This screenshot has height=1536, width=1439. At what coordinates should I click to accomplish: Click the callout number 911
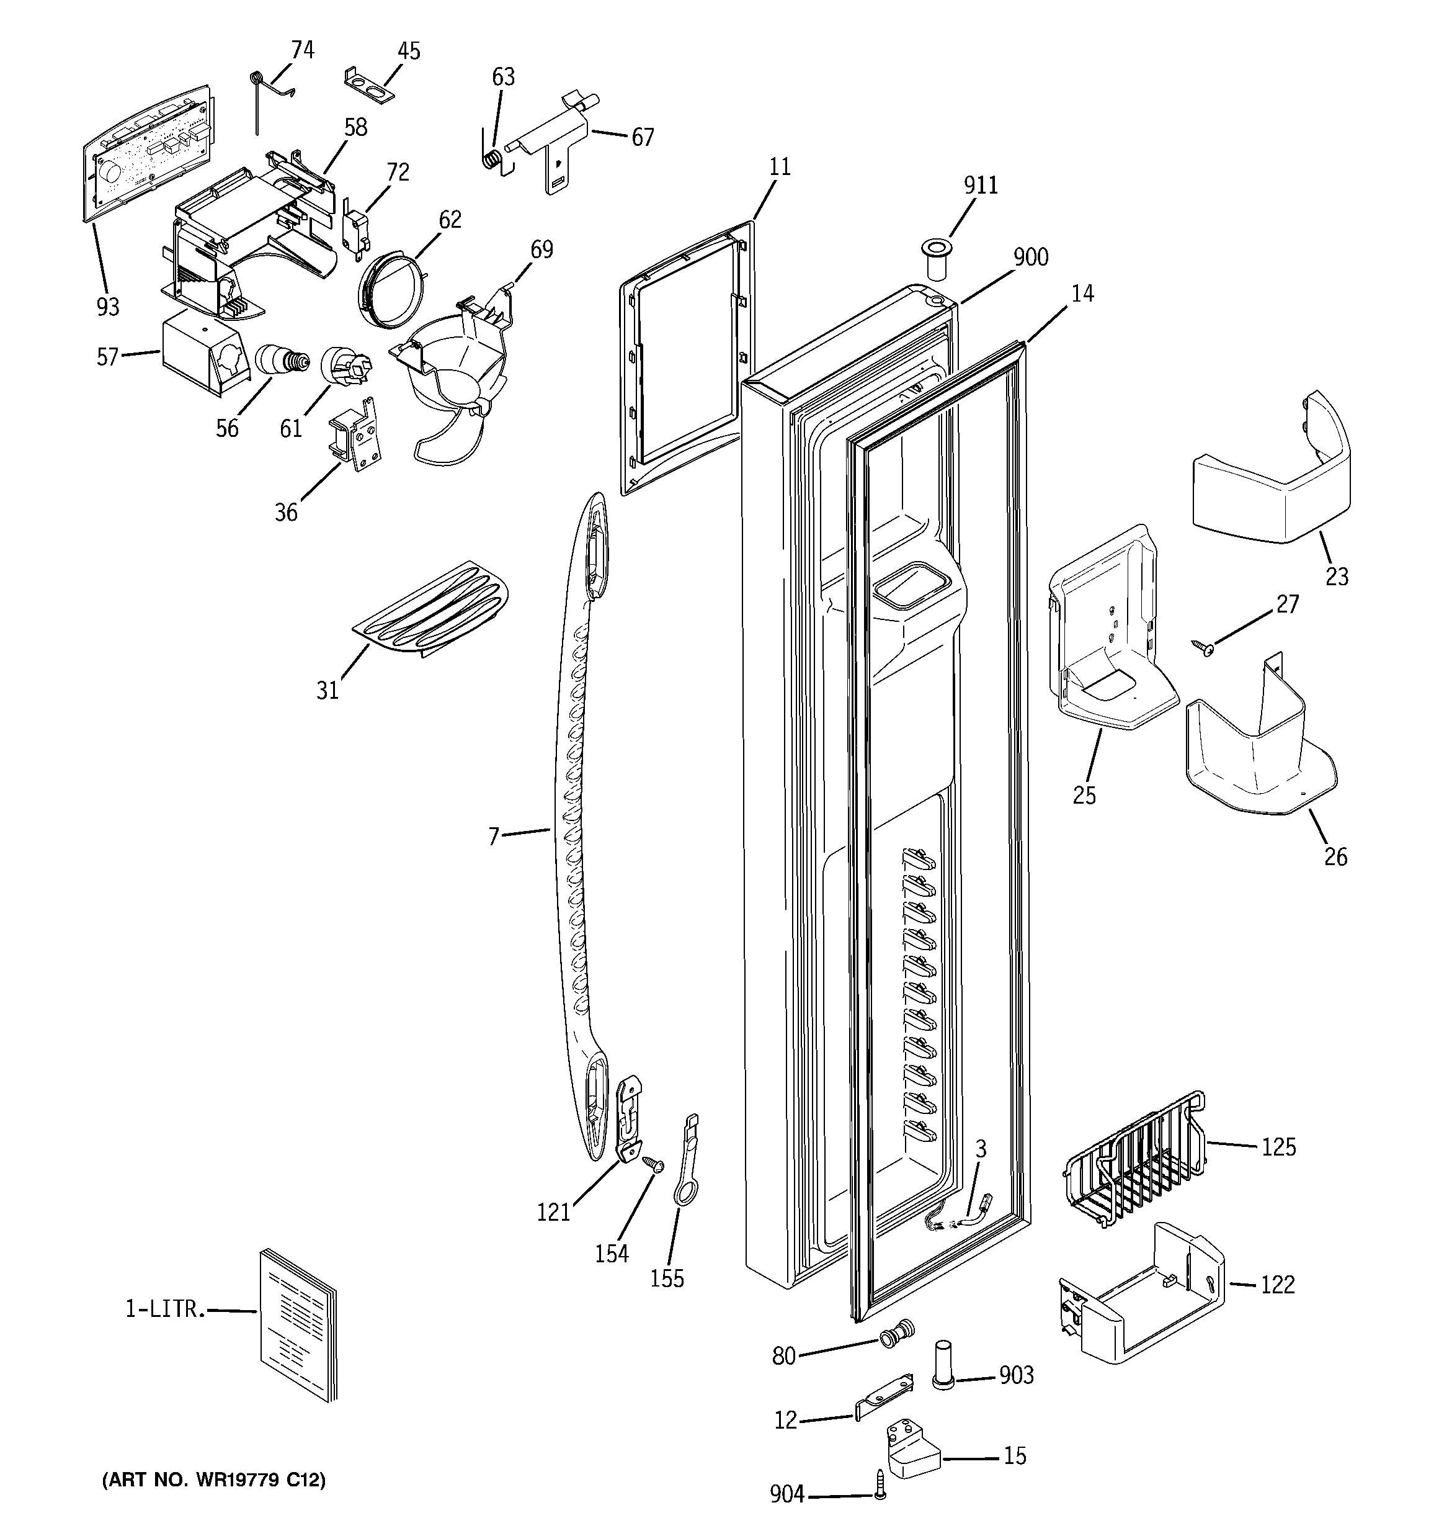point(980,186)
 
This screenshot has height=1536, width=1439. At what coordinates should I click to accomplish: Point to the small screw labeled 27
point(1202,647)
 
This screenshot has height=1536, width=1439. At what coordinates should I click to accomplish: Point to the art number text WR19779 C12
point(214,1480)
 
